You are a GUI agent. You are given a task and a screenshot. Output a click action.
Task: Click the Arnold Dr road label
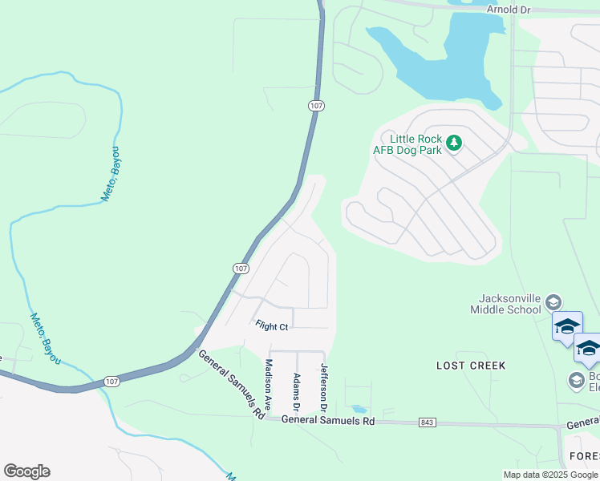coord(509,9)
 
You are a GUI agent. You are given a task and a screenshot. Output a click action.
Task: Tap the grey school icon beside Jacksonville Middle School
coord(553,302)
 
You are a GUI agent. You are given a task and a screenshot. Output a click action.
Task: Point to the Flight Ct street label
coord(271,326)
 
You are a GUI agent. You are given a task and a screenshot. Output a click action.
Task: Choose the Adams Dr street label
coord(296,389)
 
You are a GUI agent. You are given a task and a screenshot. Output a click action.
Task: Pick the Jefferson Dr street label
coord(324,387)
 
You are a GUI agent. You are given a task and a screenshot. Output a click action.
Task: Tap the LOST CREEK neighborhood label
coord(471,366)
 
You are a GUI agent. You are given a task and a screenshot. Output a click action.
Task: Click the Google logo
coord(26,471)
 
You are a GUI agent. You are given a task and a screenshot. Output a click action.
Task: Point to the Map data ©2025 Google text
coord(550,475)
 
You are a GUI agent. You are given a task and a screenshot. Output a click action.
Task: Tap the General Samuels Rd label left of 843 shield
coord(329,420)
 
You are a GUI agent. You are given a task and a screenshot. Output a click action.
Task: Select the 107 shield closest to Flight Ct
coord(241,268)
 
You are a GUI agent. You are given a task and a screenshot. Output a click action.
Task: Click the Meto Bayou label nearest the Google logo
coord(45,338)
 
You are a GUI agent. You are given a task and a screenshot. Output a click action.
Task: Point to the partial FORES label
coord(583,456)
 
